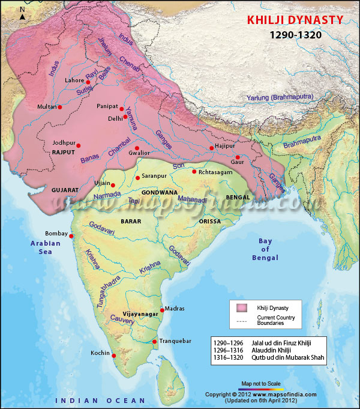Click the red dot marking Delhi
(x=125, y=117)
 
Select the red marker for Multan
(x=60, y=107)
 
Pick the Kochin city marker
(x=114, y=355)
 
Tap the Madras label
(x=175, y=308)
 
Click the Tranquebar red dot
(x=155, y=342)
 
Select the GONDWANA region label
(x=160, y=193)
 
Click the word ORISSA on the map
(x=209, y=221)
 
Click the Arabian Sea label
(x=46, y=247)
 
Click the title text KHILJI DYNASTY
(x=296, y=20)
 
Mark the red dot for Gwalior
(x=137, y=148)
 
